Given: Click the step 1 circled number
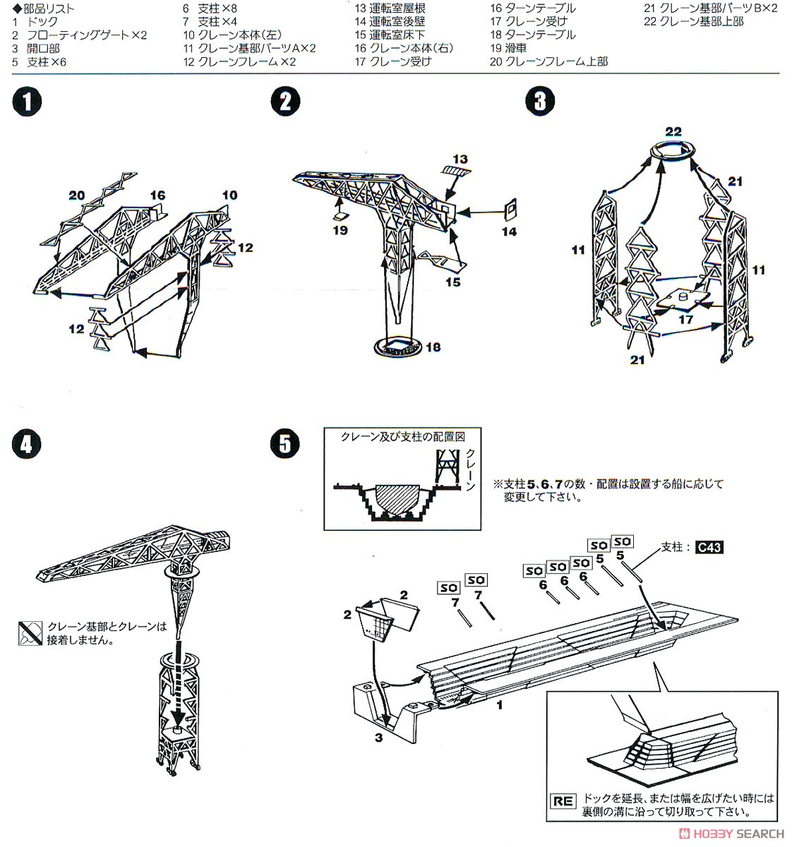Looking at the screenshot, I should coord(27,102).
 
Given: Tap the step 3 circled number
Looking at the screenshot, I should coord(540,102).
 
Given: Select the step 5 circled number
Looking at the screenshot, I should coord(284,444).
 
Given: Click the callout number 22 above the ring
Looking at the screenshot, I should coord(673,131).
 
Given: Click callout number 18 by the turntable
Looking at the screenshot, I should coord(433,347).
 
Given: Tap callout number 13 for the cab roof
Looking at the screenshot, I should coord(460,159).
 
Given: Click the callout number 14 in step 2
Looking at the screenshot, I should coord(509,231).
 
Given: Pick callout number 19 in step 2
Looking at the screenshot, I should coord(340,229).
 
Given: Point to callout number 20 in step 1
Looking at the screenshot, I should coord(77,196).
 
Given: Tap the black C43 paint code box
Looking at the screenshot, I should coord(709,547).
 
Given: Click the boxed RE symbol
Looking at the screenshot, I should coord(563,801).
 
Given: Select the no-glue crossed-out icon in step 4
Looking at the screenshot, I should coord(30,633).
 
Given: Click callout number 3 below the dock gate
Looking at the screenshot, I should coord(378,738).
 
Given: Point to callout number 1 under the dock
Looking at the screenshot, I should coord(499,704).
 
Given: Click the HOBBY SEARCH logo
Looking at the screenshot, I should coord(732,833).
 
